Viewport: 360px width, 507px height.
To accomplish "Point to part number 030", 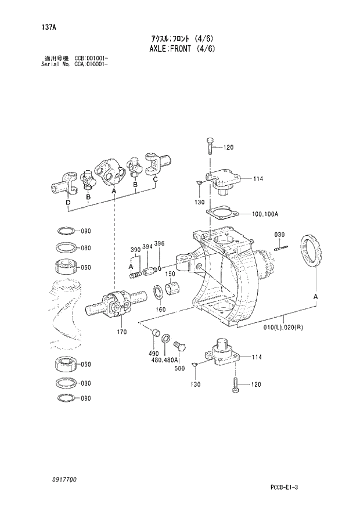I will pos(279,235).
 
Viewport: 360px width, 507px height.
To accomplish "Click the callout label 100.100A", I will pos(265,214).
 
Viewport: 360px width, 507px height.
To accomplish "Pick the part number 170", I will pos(121,332).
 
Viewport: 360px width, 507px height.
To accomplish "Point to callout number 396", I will pos(160,244).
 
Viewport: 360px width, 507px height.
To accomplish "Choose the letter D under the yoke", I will pos(68,203).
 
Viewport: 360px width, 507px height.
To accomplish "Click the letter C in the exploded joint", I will pos(155,179).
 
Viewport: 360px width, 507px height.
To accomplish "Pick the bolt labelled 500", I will pos(179,347).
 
